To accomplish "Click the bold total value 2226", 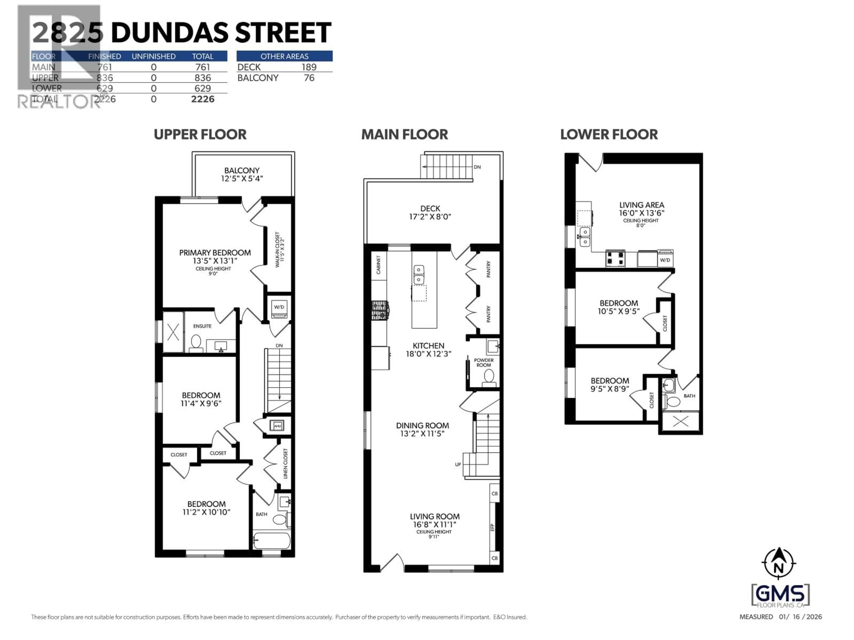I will pos(203,99).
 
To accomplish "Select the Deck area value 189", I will pos(309,67).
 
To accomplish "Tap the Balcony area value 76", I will pos(309,78).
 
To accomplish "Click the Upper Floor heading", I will pos(200,135).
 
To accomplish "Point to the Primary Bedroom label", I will pos(215,253).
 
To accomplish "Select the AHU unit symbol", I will pos(277,426).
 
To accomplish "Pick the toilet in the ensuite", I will pos(196,343).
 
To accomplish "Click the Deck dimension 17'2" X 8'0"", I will pos(430,217).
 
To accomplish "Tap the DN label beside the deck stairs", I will pos(477,167).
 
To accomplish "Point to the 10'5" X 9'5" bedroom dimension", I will pos(618,311).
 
